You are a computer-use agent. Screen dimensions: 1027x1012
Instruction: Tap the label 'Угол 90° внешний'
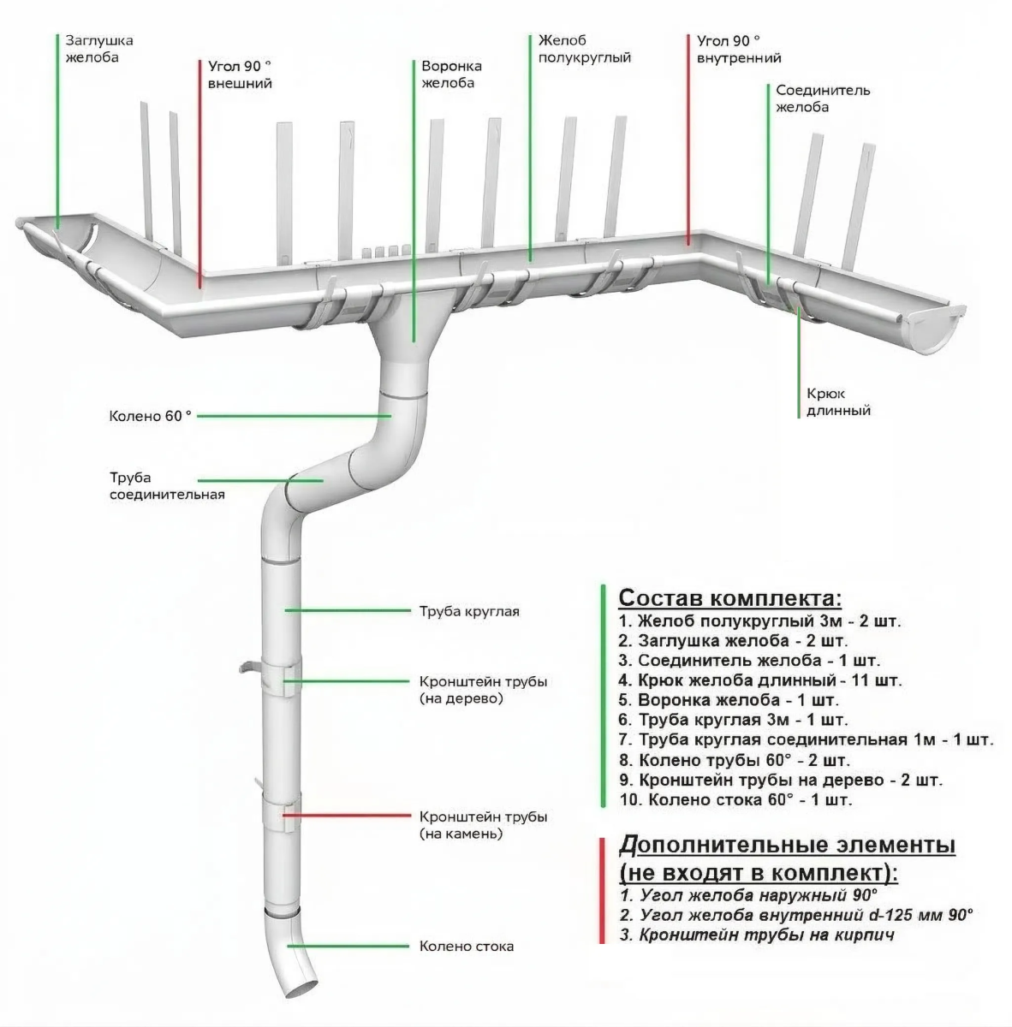(240, 74)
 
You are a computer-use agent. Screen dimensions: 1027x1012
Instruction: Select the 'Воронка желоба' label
(451, 74)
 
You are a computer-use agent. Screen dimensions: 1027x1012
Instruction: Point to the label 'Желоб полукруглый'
(585, 49)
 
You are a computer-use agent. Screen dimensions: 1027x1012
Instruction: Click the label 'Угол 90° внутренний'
(738, 50)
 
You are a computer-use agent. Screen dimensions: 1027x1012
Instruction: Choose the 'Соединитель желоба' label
(823, 98)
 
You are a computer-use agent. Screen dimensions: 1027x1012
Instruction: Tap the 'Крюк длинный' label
(838, 402)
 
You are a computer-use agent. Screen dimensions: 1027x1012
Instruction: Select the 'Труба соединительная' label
(166, 486)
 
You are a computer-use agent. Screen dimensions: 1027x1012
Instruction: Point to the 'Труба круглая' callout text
(469, 611)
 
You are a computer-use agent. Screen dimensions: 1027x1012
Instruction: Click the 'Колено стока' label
(466, 947)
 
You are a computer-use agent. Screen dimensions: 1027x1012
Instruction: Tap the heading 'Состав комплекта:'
(729, 597)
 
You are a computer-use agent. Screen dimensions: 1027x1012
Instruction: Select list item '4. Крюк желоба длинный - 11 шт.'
(759, 681)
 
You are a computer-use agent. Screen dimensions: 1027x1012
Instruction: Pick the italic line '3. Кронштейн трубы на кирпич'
(757, 935)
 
